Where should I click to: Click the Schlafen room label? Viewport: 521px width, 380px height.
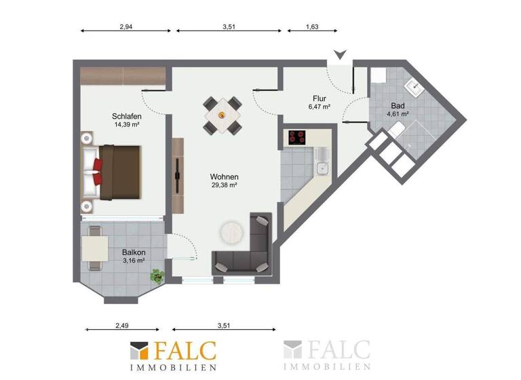127,116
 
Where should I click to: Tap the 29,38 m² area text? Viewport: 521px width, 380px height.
224,185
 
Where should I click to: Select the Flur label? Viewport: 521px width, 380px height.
320,96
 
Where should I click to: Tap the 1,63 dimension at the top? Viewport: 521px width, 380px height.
312,27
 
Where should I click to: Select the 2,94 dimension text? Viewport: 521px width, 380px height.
126,27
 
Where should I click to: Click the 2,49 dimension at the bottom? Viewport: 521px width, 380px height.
121,326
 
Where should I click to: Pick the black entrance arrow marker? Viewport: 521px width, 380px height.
339,55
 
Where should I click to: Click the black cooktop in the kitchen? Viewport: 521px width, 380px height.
297,137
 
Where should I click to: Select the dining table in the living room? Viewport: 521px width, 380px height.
223,115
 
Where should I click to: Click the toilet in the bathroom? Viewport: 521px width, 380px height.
398,131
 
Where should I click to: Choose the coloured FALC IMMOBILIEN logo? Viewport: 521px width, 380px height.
174,356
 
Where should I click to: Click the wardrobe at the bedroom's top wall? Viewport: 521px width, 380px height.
122,76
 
